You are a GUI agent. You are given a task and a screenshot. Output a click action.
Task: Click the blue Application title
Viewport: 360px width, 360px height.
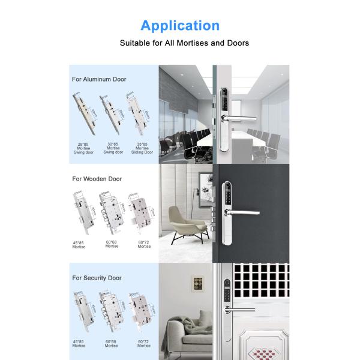click(x=180, y=26)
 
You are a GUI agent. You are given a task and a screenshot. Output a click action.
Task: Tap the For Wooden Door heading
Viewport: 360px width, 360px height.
click(x=97, y=179)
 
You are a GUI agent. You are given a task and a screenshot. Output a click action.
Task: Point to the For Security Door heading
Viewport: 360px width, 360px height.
click(x=97, y=278)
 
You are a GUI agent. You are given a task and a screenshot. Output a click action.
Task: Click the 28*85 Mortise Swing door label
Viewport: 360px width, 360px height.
click(x=83, y=149)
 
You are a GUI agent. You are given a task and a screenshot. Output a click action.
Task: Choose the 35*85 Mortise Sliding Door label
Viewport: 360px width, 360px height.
click(x=142, y=149)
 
